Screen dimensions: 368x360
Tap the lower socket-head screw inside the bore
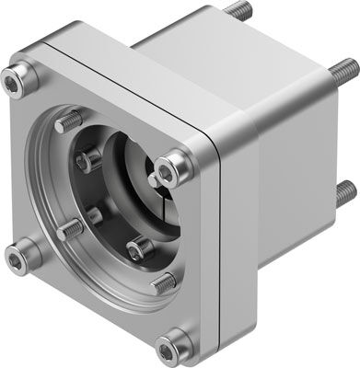click(x=137, y=247)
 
